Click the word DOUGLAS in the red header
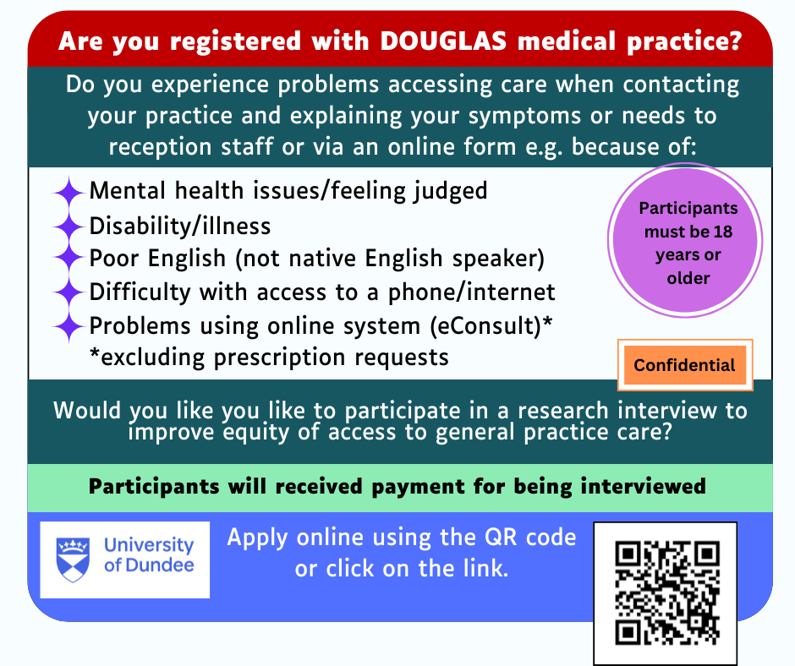pyautogui.click(x=443, y=41)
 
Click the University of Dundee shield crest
pyautogui.click(x=73, y=560)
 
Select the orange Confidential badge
pyautogui.click(x=685, y=365)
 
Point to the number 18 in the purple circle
pyautogui.click(x=722, y=232)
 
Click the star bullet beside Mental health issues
pyautogui.click(x=69, y=192)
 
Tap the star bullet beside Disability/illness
pyautogui.click(x=69, y=226)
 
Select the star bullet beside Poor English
pyautogui.click(x=69, y=259)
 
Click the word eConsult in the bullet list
pyautogui.click(x=485, y=325)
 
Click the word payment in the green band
pyautogui.click(x=418, y=487)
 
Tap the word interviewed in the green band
pyautogui.click(x=643, y=486)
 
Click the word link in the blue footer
pyautogui.click(x=485, y=568)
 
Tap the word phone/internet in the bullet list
pyautogui.click(x=472, y=293)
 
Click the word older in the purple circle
pyautogui.click(x=688, y=278)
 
